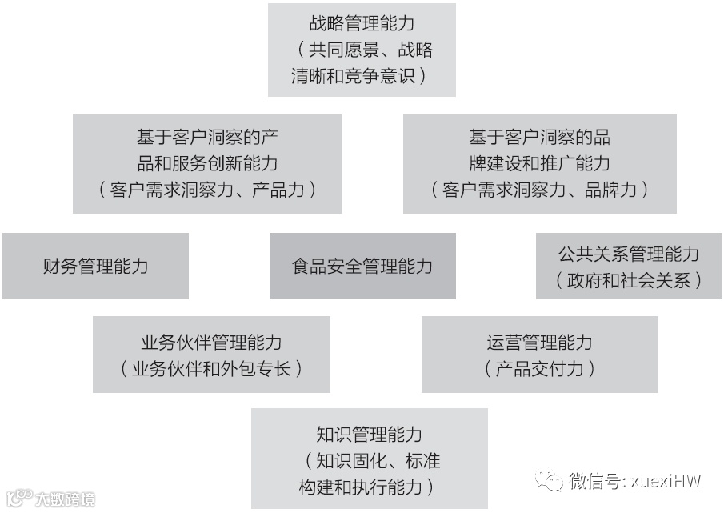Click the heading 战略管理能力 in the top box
pos(362,23)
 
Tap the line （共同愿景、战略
pos(362,50)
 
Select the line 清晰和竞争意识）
pos(362,76)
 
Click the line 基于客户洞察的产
pos(207,137)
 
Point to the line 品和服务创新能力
pos(207,163)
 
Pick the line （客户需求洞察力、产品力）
pos(207,190)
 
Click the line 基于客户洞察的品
pos(539,137)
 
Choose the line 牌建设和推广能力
pos(539,163)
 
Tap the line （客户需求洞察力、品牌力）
pos(539,190)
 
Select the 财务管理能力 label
pos(95,266)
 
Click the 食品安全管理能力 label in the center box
pos(362,266)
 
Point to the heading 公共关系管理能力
pos(629,254)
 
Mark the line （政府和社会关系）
pos(629,280)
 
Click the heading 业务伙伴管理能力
pos(211,342)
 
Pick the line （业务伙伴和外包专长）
pos(211,368)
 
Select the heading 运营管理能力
pos(539,342)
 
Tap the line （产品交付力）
pos(539,368)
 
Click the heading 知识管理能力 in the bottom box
pos(369,435)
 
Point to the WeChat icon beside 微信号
pos(550,480)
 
